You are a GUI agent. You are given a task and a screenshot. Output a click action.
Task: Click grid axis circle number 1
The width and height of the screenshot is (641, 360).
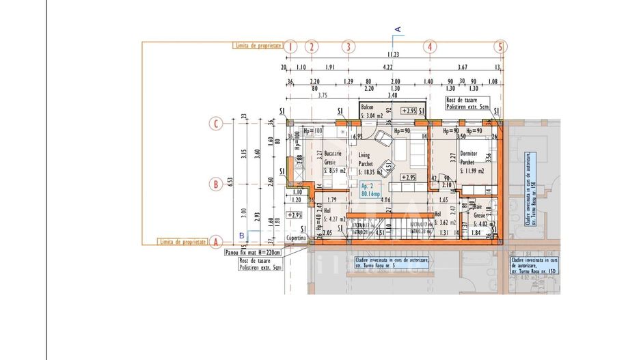(x=291, y=47)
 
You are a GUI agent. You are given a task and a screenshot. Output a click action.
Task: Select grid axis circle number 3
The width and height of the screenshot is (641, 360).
(x=349, y=47)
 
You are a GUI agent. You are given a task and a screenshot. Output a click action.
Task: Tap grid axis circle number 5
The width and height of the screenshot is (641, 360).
(x=501, y=47)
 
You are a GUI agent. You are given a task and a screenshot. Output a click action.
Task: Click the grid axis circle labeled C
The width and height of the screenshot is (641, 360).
(x=216, y=124)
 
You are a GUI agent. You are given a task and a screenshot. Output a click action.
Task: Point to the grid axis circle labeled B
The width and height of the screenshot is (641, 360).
(x=216, y=184)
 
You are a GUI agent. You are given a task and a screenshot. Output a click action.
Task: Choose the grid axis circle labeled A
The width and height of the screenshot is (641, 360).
(x=216, y=242)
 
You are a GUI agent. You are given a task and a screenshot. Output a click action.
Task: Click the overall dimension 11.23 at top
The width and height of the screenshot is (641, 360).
(x=393, y=55)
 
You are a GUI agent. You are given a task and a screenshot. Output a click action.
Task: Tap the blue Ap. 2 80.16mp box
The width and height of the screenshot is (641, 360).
(x=370, y=190)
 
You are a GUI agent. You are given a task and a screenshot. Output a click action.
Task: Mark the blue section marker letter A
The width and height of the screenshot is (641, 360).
(x=398, y=28)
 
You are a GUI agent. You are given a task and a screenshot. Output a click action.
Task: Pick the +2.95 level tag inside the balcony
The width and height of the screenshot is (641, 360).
(x=408, y=111)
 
